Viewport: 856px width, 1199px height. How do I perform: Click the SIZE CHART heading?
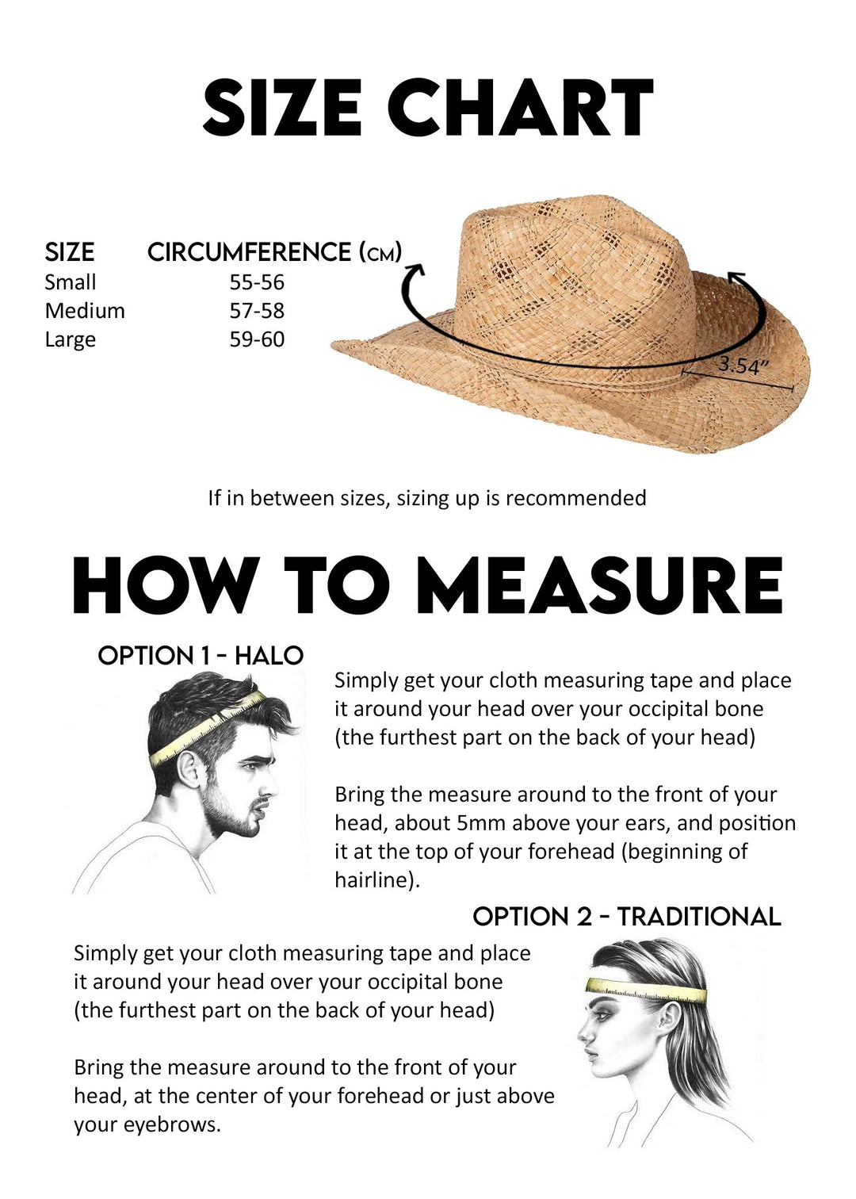(427, 107)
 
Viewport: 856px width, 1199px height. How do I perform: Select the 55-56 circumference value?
(257, 282)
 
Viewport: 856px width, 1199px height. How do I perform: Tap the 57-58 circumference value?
(257, 311)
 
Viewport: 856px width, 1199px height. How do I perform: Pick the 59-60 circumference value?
(257, 339)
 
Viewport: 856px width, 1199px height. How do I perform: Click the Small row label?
(70, 282)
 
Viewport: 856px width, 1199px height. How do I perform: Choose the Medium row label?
(85, 311)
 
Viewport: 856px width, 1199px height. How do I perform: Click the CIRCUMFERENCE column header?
(274, 252)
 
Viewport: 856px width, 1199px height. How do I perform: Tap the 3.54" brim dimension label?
(743, 366)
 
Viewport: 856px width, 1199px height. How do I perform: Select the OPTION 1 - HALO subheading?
(201, 656)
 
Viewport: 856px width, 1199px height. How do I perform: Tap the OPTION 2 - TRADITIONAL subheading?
(626, 917)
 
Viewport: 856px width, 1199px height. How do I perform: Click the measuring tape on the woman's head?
(646, 990)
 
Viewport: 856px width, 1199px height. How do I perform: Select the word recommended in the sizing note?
(575, 498)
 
